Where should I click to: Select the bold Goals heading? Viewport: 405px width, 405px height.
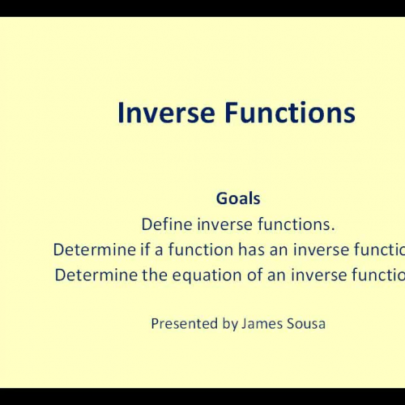click(x=238, y=198)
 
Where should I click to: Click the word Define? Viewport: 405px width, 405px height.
click(x=165, y=224)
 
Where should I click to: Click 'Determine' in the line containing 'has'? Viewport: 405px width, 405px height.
click(x=90, y=249)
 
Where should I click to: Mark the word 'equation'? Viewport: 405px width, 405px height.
click(x=191, y=275)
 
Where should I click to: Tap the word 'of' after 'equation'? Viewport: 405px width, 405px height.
click(x=234, y=275)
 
